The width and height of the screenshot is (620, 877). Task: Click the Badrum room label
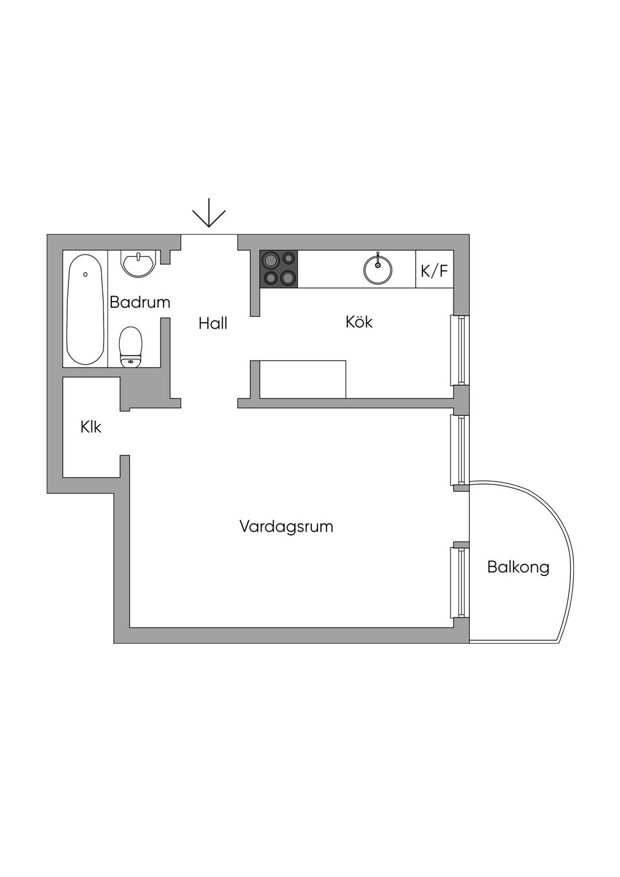pos(140,302)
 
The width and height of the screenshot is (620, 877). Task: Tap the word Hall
pos(213,323)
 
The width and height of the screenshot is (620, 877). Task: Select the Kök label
pos(359,322)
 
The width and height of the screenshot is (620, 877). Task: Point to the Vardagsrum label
pos(286,526)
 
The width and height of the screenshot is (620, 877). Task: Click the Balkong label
pos(518,568)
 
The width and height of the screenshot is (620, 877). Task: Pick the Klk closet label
pos(91,427)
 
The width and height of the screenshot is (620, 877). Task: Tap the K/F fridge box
pos(435,270)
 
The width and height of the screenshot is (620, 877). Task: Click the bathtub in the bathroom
pos(85,309)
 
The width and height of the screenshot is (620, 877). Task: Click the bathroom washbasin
pos(139,264)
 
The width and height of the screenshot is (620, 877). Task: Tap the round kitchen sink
pos(378,269)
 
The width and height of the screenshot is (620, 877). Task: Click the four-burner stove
pos(279,269)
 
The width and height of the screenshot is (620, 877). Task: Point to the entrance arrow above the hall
pos(209,214)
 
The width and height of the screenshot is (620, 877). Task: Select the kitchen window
pos(460,350)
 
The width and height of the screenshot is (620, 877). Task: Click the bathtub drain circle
pos(85,274)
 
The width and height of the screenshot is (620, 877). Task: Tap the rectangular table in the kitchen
pos(303,379)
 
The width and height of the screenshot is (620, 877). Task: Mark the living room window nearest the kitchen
pos(460,449)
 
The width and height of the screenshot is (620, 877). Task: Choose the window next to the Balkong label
pos(460,582)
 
